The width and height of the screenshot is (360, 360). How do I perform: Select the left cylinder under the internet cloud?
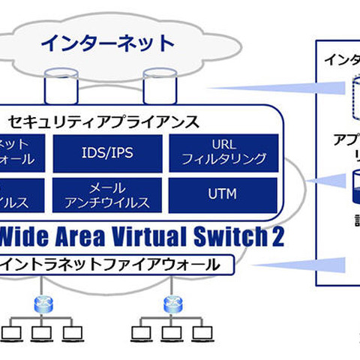59,85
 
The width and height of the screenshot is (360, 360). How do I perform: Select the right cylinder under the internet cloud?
158,85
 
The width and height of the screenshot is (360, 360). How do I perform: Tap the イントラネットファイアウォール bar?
112,265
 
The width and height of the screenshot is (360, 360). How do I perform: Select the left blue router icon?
40,304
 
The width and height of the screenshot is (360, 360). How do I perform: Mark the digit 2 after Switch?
277,237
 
